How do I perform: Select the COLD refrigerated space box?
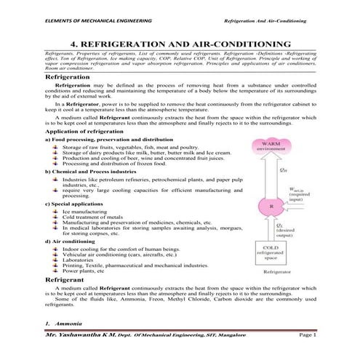pyautogui.click(x=271, y=252)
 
